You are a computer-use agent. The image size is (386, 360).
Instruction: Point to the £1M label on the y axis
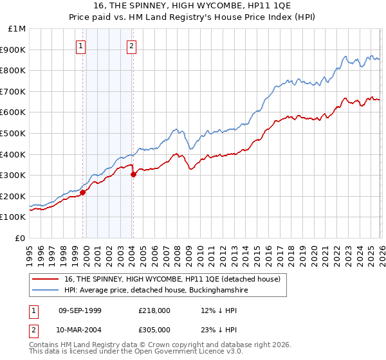coord(17,29)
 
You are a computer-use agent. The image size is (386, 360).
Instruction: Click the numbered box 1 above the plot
coord(81,46)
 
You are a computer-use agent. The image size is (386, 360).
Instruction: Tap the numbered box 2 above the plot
coord(131,46)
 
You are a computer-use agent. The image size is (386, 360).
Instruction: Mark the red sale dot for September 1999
coord(82,192)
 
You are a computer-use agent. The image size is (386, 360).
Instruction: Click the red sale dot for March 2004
coord(133,174)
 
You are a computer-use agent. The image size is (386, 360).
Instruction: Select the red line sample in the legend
coord(46,280)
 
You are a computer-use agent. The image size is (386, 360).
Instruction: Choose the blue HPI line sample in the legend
coord(46,291)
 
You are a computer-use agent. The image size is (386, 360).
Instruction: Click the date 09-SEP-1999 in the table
coord(80,310)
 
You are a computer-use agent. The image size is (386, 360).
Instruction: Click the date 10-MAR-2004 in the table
coord(80,329)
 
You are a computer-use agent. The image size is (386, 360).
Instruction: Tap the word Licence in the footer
coord(191,353)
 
